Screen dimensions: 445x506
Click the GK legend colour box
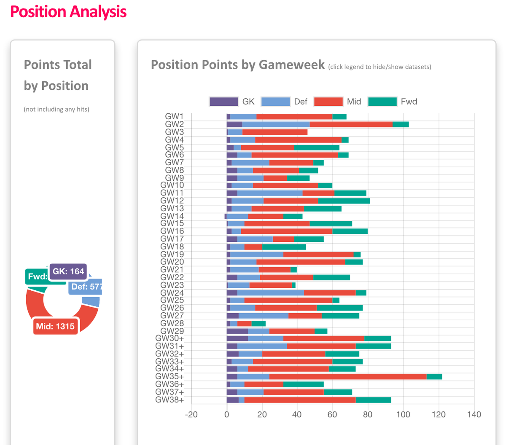click(x=224, y=102)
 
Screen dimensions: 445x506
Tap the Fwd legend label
click(x=409, y=102)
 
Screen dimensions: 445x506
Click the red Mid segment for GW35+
click(x=348, y=377)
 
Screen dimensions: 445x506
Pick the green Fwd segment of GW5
click(x=317, y=147)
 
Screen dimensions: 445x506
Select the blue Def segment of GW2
click(x=276, y=124)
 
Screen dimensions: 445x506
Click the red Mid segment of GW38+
click(x=300, y=400)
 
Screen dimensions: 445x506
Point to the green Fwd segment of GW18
click(x=284, y=247)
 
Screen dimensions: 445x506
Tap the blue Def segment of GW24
click(x=270, y=293)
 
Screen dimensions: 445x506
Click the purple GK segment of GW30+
click(x=237, y=338)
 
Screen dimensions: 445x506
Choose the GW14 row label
click(x=172, y=216)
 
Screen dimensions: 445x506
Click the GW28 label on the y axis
click(x=172, y=323)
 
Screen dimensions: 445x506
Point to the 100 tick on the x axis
click(x=403, y=414)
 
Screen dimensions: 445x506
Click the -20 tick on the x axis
click(x=191, y=414)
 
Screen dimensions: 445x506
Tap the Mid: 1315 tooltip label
click(x=55, y=326)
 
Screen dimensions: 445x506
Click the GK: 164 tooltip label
click(x=68, y=271)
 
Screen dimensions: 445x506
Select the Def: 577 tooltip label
click(x=86, y=287)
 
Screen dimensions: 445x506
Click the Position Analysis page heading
click(x=68, y=12)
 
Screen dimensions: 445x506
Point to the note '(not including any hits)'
click(x=57, y=109)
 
